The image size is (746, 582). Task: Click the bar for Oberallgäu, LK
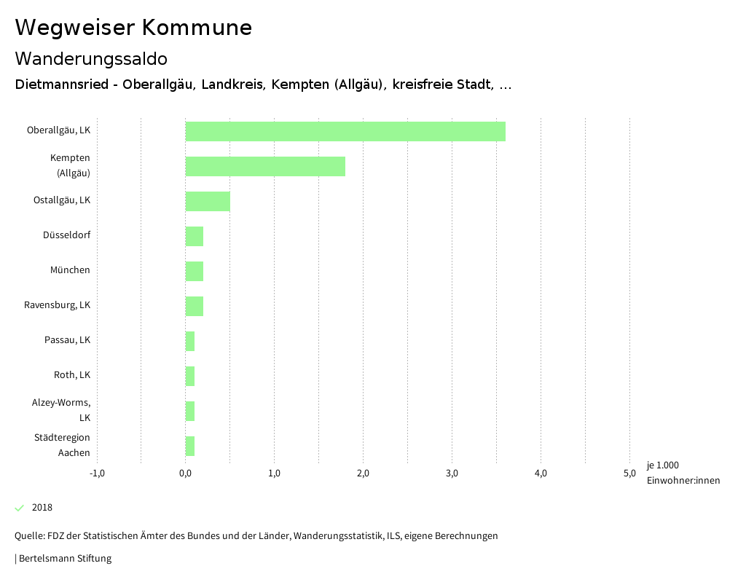[x=345, y=131]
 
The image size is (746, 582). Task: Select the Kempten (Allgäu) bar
[x=265, y=166]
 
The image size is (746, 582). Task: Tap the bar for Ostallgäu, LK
[x=208, y=201]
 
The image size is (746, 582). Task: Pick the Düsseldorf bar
[x=195, y=236]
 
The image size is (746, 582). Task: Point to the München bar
[x=195, y=271]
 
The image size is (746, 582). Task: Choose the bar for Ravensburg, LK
[x=195, y=306]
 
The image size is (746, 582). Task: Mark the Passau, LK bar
[x=190, y=341]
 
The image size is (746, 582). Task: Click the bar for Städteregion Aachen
[x=190, y=446]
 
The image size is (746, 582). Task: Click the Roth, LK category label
[x=72, y=375]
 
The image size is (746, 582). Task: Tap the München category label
[x=70, y=270]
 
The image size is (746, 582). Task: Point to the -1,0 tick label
[x=97, y=473]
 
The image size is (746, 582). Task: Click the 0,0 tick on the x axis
[x=186, y=473]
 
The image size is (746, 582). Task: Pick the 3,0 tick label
[x=452, y=473]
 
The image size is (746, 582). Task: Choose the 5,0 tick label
[x=629, y=473]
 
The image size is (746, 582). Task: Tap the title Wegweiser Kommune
[x=133, y=28]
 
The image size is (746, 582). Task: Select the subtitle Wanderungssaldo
[x=91, y=58]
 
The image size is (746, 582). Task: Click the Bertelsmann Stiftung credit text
[x=64, y=559]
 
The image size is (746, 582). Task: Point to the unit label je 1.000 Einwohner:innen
[x=683, y=473]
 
